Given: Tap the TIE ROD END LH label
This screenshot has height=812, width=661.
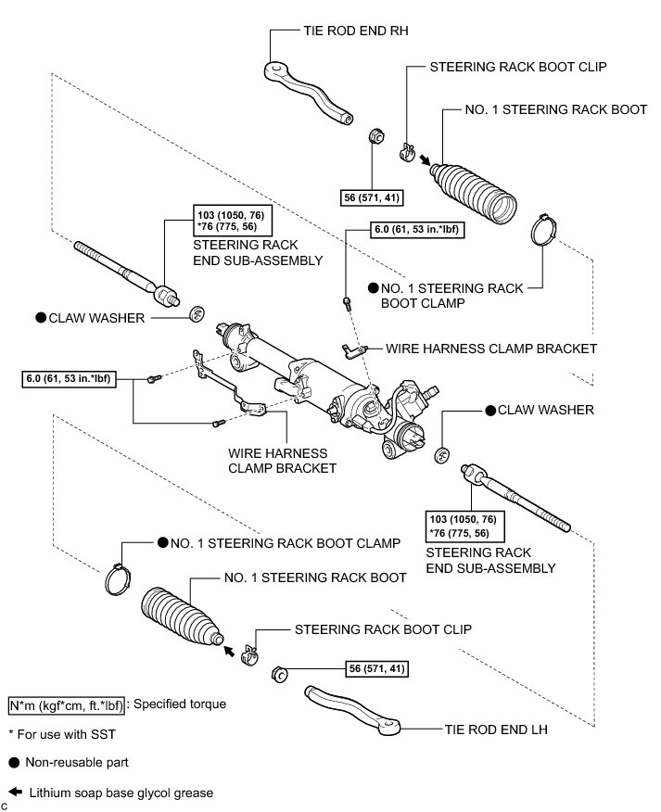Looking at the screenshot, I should point(495,730).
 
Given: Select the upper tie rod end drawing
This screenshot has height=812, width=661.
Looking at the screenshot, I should point(306,91).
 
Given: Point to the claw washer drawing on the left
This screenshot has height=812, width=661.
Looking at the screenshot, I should point(197,313).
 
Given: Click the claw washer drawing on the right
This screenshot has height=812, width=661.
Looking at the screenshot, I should point(444,456).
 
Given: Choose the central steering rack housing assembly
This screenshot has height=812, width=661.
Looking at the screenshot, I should point(324,380).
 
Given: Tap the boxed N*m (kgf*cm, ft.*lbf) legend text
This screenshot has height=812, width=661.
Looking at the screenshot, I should point(66,704).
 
